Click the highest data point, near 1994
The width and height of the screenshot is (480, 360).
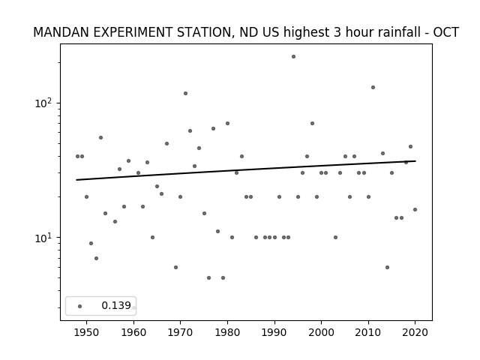click(293, 57)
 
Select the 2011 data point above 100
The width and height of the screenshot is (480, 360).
click(373, 87)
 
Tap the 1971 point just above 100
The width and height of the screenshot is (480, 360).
click(185, 93)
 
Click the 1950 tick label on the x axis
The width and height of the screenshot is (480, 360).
click(87, 332)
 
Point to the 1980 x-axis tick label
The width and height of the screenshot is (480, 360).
click(227, 332)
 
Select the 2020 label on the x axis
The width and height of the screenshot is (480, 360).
click(415, 332)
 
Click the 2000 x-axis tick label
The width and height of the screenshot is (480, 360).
click(321, 332)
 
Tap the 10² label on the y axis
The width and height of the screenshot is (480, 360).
click(43, 103)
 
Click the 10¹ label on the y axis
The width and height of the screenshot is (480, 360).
click(43, 238)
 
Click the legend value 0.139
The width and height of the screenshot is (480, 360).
click(116, 305)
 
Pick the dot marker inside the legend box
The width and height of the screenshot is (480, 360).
click(80, 306)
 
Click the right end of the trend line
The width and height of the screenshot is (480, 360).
click(415, 160)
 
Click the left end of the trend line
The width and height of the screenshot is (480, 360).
click(76, 180)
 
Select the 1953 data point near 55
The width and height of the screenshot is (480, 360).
click(100, 138)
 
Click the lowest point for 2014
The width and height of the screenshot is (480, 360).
click(387, 267)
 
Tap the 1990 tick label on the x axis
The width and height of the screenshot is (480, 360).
click(274, 332)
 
